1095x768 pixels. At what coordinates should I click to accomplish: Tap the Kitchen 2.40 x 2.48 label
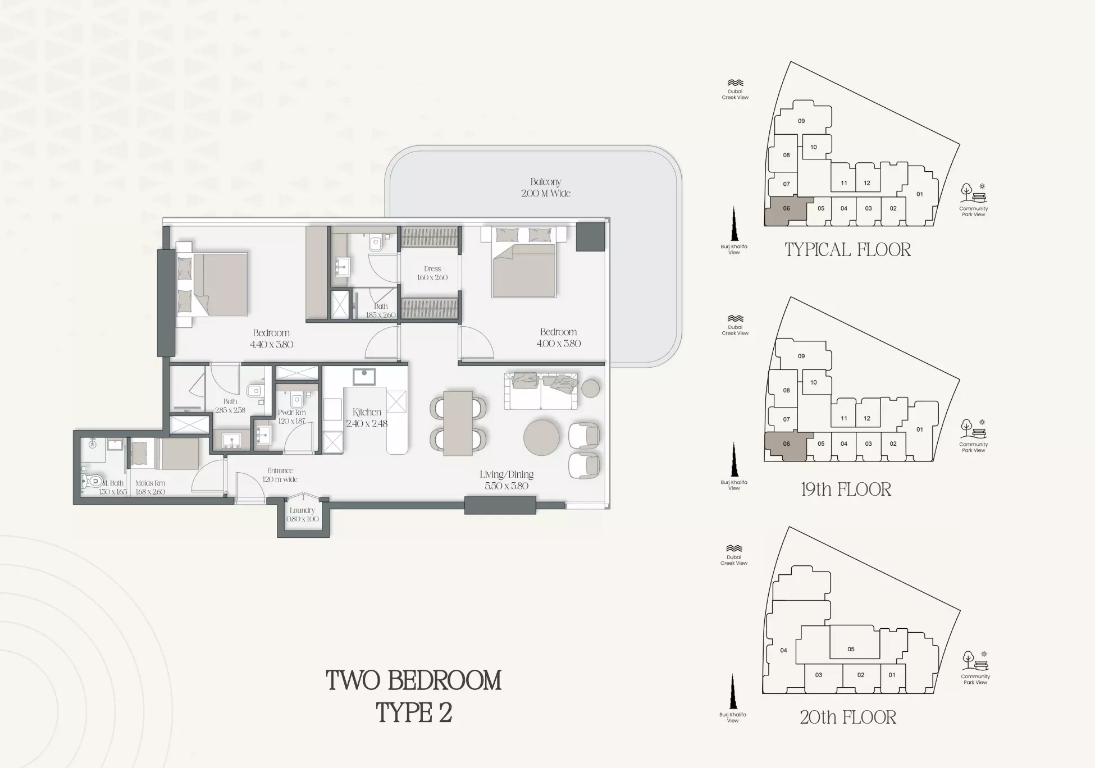pyautogui.click(x=367, y=418)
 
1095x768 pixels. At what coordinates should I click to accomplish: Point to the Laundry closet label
pyautogui.click(x=302, y=514)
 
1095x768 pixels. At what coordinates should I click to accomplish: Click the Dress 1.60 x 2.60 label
pyautogui.click(x=432, y=273)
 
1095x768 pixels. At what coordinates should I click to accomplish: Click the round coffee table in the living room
pyautogui.click(x=541, y=437)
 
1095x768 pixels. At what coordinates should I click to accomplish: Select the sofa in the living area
pyautogui.click(x=541, y=391)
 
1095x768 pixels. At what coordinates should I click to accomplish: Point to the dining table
pyautogui.click(x=458, y=423)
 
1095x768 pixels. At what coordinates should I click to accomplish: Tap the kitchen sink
pyautogui.click(x=364, y=377)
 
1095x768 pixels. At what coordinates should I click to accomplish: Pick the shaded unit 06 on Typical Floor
pyautogui.click(x=786, y=210)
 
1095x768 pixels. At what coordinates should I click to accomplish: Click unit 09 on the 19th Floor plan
pyautogui.click(x=801, y=356)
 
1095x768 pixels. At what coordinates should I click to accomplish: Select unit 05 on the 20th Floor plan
pyautogui.click(x=851, y=649)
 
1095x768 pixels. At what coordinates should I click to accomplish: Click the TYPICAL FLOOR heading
pyautogui.click(x=847, y=250)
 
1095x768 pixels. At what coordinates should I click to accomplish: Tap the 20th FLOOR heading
pyautogui.click(x=848, y=717)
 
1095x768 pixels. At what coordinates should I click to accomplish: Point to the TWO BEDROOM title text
pyautogui.click(x=414, y=680)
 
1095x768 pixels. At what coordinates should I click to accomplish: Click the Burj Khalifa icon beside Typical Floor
pyautogui.click(x=734, y=223)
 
